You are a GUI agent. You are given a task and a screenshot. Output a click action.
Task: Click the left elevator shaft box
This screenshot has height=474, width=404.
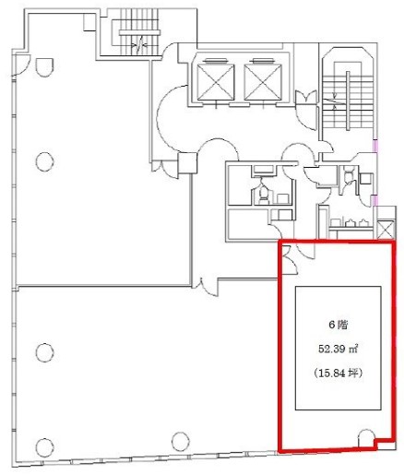coord(215,82)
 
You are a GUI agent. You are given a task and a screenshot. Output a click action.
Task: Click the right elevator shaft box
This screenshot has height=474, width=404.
coord(263,82)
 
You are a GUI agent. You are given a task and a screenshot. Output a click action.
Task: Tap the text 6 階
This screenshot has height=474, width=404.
coord(339,325)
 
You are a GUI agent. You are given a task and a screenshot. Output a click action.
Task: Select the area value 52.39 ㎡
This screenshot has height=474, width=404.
coord(338,350)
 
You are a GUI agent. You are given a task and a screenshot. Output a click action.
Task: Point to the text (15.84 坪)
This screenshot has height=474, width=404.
coord(339,373)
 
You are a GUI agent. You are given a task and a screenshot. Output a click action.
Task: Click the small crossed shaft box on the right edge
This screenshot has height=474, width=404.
coord(386,229)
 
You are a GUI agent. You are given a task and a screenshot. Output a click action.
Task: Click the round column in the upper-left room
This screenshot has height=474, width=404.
coord(45,161)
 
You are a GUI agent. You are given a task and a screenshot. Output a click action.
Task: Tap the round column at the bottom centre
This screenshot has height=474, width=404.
coord(181,442)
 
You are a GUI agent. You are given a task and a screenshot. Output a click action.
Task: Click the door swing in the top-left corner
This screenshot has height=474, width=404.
coord(21,65)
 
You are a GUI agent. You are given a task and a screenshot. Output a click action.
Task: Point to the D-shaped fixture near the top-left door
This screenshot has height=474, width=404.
coord(44,67)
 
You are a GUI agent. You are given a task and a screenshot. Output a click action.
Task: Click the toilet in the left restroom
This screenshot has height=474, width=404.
coord(263,193)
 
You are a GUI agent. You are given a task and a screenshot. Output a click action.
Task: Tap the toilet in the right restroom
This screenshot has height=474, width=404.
coord(349,176)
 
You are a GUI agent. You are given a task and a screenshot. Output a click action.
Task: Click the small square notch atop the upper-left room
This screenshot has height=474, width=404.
coord(89,22)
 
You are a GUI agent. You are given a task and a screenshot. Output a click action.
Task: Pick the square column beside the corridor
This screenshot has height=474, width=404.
coord(187,162)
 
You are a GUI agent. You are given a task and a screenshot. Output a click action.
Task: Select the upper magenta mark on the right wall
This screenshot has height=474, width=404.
coord(374,146)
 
